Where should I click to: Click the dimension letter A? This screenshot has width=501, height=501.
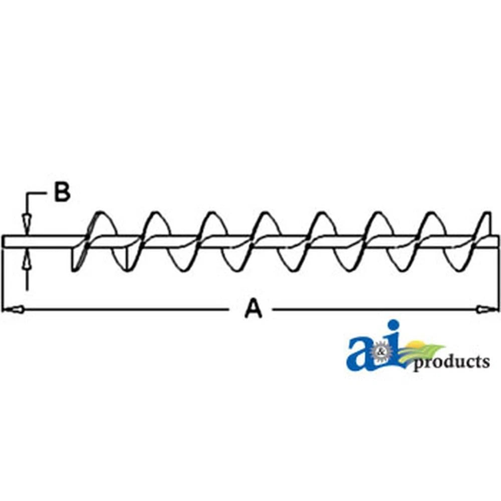click(254, 308)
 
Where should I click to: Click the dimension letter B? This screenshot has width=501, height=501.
click(62, 192)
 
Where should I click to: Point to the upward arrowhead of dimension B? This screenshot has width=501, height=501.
click(27, 260)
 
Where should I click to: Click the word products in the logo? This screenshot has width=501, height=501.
click(451, 363)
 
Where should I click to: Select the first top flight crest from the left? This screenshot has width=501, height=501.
click(100, 212)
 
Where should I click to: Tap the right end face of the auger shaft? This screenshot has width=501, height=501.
click(498, 241)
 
